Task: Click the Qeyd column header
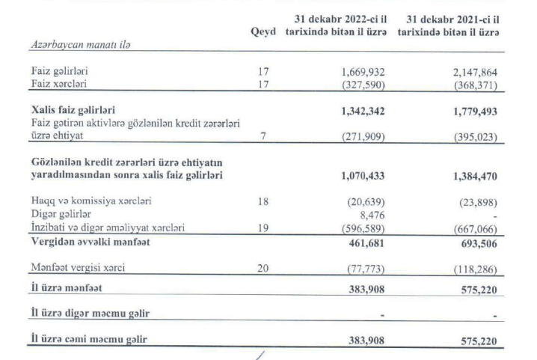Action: point(263,34)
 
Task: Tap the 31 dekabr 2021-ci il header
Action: point(449,27)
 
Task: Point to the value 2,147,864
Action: point(468,73)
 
